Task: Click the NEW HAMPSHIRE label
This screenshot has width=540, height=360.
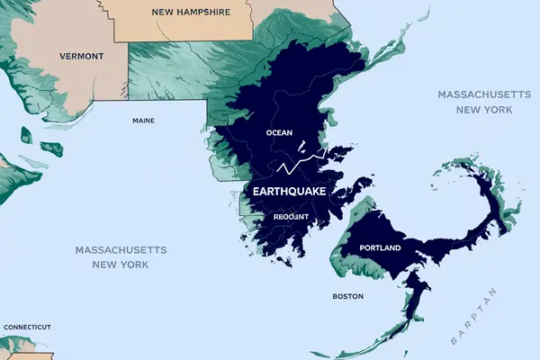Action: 190,13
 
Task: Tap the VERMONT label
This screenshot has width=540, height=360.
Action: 82,56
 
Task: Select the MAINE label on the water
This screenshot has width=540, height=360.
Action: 143,121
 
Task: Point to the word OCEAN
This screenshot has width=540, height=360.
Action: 279,133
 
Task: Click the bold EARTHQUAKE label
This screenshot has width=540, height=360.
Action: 289,193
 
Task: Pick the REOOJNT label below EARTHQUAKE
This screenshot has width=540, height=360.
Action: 291,217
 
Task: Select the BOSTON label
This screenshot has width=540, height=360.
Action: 347,296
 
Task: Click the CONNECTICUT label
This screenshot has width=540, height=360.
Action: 26,327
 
